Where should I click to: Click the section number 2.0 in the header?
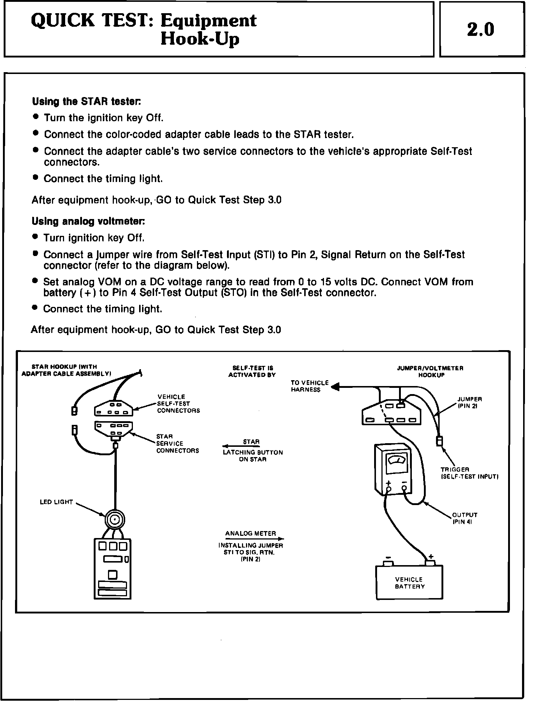point(481,30)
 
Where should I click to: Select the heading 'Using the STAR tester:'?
point(87,101)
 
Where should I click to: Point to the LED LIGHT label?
point(56,502)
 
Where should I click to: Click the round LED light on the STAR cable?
point(115,520)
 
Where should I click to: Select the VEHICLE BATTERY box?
point(409,582)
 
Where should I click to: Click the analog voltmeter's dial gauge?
point(396,459)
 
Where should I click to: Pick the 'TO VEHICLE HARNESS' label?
point(310,386)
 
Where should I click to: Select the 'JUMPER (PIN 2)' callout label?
point(469,403)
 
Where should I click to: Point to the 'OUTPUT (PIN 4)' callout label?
point(465,518)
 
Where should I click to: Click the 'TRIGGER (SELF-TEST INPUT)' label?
point(469,473)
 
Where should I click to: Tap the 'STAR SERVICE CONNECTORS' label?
point(178,444)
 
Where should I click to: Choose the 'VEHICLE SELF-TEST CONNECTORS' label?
point(178,404)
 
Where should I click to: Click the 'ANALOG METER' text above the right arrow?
point(251,534)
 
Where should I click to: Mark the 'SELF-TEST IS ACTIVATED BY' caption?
point(252,371)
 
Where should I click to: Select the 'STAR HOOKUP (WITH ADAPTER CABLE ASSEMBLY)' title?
point(66,370)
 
